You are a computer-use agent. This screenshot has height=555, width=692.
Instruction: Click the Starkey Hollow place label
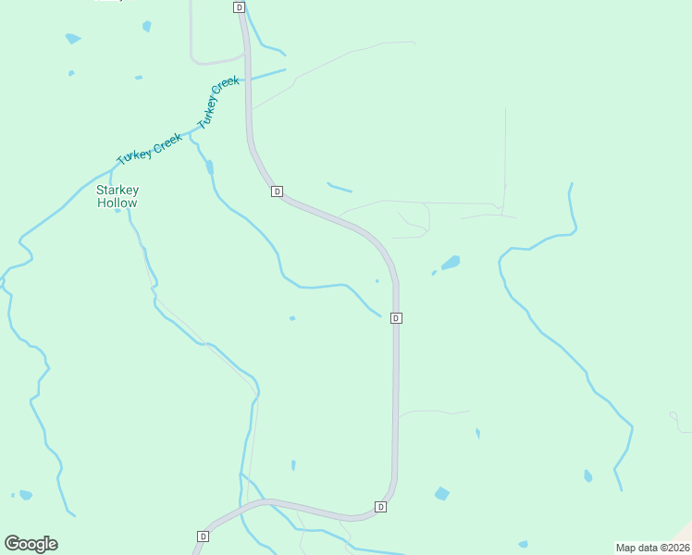tap(117, 196)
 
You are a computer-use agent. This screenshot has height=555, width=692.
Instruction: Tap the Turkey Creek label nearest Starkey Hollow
tap(149, 148)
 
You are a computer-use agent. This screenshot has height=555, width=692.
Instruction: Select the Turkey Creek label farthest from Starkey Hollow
tap(218, 101)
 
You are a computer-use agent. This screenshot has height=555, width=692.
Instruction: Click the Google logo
tap(31, 544)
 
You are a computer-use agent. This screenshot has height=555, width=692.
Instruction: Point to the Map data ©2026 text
tap(652, 548)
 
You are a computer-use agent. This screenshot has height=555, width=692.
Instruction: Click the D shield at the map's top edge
tap(240, 6)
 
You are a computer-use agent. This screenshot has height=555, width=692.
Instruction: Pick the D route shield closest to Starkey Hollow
tap(277, 191)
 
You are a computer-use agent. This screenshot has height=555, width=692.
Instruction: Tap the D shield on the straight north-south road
tap(396, 318)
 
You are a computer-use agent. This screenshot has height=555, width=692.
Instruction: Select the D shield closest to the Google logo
tap(203, 536)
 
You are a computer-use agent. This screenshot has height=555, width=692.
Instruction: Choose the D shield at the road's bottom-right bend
tap(380, 507)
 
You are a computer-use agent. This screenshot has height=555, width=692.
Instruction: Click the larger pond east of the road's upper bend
tap(451, 263)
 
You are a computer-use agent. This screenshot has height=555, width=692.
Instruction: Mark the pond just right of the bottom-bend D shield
tap(441, 494)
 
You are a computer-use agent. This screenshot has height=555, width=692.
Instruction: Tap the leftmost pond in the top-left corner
tap(72, 39)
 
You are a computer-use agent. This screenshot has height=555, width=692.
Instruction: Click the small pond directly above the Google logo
tap(25, 495)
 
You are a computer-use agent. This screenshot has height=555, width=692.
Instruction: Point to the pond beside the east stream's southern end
tap(587, 475)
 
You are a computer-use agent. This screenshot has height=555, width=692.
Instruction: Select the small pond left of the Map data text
tap(523, 544)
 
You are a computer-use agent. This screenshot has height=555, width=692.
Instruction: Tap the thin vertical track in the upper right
tap(505, 153)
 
